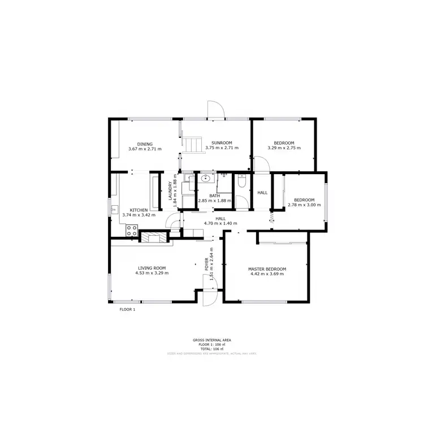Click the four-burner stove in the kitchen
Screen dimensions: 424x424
click(x=132, y=230)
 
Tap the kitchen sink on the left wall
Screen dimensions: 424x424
click(x=114, y=209)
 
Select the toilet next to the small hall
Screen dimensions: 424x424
click(x=242, y=181)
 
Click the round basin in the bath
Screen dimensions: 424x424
click(x=206, y=179)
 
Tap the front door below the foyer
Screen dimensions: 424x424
click(x=210, y=297)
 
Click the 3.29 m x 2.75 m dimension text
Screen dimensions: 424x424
click(x=284, y=148)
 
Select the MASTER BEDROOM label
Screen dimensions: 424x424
click(x=267, y=269)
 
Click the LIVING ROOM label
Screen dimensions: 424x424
click(x=152, y=268)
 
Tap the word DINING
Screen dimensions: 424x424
click(x=145, y=144)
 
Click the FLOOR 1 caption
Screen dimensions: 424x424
click(x=127, y=309)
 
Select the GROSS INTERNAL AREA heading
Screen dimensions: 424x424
click(x=211, y=340)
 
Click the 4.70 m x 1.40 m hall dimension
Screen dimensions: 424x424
click(x=220, y=223)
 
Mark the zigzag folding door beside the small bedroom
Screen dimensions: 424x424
click(x=272, y=217)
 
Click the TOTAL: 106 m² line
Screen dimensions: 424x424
click(x=211, y=348)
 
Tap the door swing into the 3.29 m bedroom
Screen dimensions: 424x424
click(x=261, y=164)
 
